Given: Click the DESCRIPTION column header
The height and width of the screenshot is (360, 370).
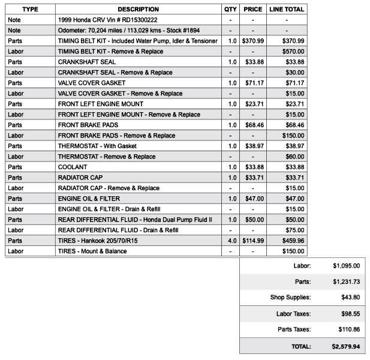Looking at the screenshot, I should (138, 9).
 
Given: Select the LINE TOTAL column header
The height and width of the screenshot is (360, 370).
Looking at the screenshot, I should (287, 9).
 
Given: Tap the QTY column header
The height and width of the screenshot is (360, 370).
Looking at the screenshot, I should (230, 9).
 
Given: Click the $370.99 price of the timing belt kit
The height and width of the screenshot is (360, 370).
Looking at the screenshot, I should (252, 41).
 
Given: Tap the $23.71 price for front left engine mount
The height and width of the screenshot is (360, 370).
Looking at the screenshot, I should (252, 104).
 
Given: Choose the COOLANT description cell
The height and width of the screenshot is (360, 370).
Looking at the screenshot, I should (73, 167).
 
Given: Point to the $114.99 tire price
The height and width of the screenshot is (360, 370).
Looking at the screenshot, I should (252, 241).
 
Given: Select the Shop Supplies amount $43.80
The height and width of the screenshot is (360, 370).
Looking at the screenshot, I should (346, 297).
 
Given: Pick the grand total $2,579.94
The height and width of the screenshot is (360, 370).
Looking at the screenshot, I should (345, 346).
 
